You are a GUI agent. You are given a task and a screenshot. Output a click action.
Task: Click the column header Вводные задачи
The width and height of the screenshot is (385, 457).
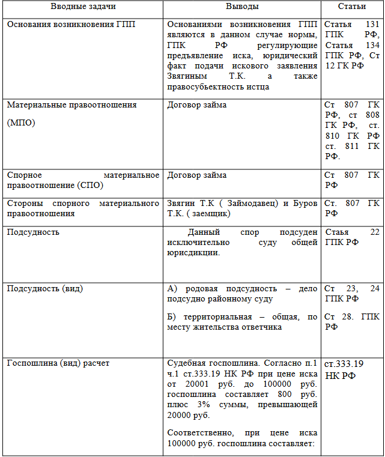pos(83,7)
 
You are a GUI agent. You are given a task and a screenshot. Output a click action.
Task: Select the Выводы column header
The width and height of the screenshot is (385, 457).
pos(242,7)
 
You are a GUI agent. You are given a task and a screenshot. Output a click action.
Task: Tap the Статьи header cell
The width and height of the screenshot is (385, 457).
pos(352,7)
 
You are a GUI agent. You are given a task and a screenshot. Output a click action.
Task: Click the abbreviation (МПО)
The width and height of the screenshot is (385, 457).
pos(21,123)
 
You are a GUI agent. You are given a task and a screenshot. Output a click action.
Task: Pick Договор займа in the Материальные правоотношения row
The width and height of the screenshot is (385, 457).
pos(196,104)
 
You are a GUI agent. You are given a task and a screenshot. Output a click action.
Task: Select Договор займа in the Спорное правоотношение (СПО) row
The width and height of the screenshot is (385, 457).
pos(196,175)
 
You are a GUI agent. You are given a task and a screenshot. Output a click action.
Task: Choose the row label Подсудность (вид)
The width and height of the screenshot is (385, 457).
pos(45,288)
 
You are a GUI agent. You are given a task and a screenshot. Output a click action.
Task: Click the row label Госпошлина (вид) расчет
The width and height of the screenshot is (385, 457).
pos(58,363)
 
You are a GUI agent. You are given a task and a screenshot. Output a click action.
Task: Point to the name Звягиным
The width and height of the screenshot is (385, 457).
pos(187,76)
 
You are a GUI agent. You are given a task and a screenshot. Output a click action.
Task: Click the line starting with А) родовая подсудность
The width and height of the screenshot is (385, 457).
pos(242,289)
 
